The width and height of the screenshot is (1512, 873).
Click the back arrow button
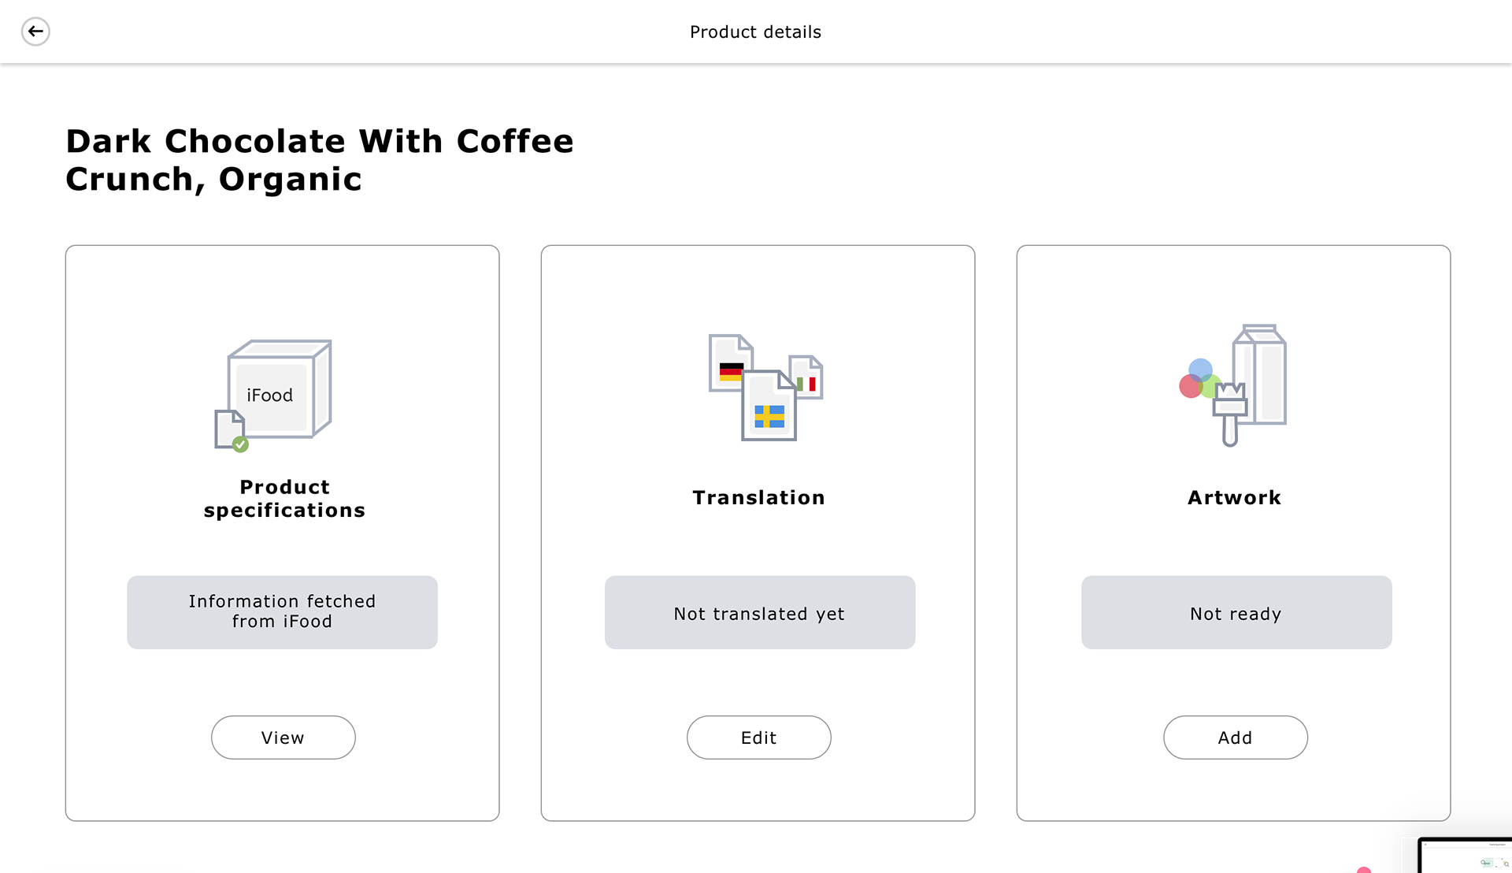click(x=35, y=32)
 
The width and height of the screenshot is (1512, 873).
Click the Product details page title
click(x=755, y=32)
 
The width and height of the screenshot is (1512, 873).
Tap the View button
click(x=283, y=737)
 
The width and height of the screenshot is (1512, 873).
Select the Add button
click(x=1236, y=737)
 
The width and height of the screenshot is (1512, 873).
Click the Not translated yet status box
click(x=760, y=612)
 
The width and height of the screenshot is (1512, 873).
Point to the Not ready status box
click(x=1236, y=612)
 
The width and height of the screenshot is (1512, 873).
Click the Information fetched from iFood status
click(x=282, y=612)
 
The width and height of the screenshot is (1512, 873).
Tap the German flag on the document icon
click(x=731, y=372)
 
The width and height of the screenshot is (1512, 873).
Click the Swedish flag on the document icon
click(x=769, y=416)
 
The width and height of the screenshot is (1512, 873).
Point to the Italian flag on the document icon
click(x=806, y=384)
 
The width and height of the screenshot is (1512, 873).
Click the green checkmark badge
click(x=241, y=444)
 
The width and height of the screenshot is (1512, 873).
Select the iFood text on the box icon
click(x=269, y=396)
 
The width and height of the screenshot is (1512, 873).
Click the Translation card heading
click(x=759, y=498)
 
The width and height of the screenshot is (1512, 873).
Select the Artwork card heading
click(x=1235, y=498)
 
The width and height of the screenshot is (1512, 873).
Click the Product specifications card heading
click(x=284, y=499)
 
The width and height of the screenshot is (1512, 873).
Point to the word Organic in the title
click(x=290, y=180)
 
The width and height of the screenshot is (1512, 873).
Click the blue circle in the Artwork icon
click(x=1200, y=370)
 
